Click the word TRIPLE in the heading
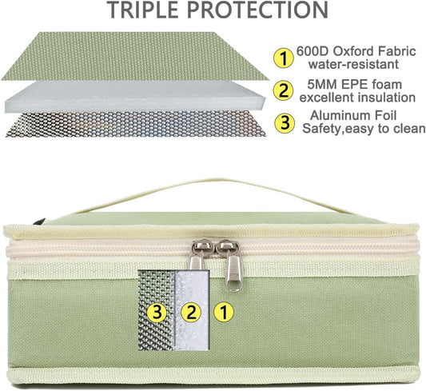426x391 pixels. [144, 10]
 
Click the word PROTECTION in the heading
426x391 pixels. [258, 10]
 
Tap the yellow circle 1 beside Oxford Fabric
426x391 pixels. [284, 58]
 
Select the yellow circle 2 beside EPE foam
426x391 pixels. [284, 90]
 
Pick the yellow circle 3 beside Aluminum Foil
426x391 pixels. [285, 123]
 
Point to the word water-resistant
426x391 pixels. [353, 65]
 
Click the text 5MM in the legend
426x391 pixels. [322, 84]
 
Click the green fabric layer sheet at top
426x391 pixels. [135, 56]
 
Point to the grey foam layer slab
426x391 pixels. [135, 97]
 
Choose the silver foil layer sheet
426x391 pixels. [136, 124]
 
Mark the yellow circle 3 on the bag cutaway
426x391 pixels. [157, 312]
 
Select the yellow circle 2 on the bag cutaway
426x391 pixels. [192, 312]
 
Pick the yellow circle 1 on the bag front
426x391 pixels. [224, 312]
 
